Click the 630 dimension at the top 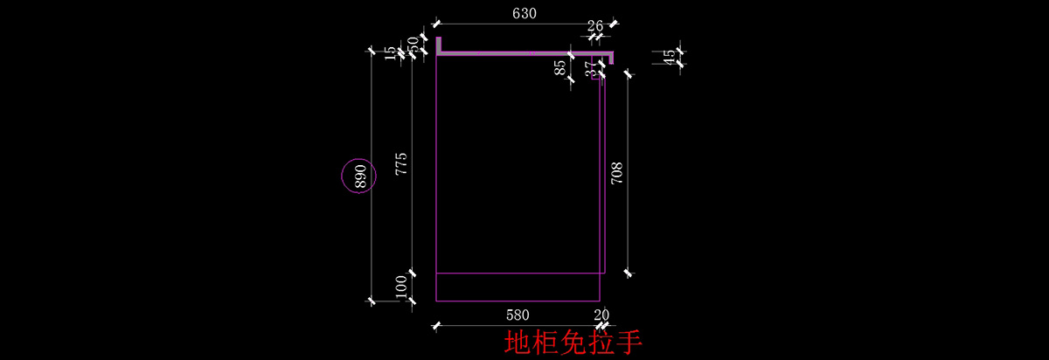pos(524,14)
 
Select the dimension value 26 pos(595,26)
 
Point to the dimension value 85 pos(560,67)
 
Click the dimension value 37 pos(591,68)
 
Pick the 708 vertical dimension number pos(616,173)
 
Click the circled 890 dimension pos(358,177)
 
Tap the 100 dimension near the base pos(401,287)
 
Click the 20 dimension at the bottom pos(601,315)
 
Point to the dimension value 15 pos(390,52)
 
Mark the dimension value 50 pos(413,45)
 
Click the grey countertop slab pos(524,54)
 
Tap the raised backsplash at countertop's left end pos(438,44)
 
